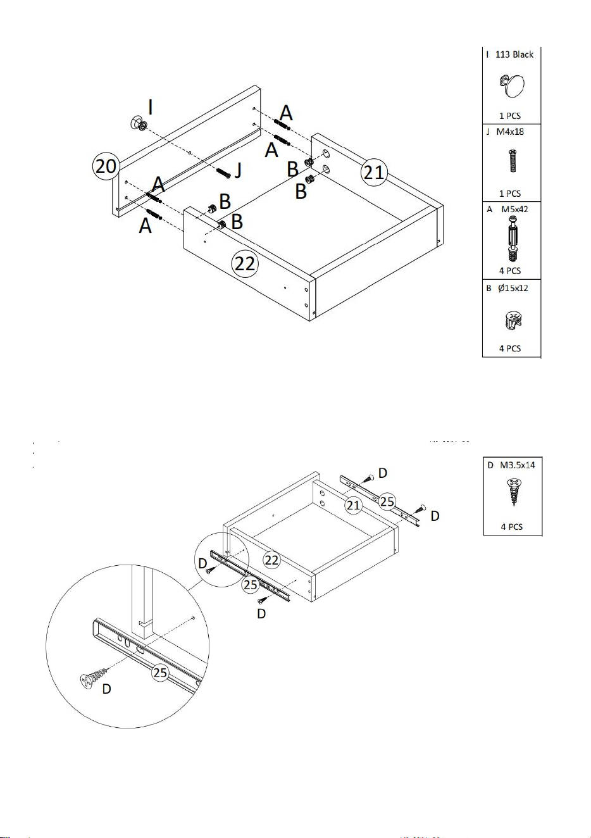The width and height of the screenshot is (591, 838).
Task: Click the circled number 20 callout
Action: (x=106, y=166)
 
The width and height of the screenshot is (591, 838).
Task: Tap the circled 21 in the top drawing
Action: (x=374, y=172)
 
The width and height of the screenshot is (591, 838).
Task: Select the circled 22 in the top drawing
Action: (x=246, y=264)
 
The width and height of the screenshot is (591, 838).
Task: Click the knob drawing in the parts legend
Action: (x=512, y=85)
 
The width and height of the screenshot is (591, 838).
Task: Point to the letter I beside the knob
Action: (x=151, y=108)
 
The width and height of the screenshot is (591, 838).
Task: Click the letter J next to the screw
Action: (x=238, y=170)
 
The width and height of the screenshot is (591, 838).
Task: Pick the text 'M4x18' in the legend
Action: (x=510, y=132)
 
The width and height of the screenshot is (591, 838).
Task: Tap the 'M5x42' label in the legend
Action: (x=514, y=209)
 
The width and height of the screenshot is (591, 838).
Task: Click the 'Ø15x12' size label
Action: (x=513, y=288)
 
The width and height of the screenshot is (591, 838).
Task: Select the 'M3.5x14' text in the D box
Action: (x=518, y=465)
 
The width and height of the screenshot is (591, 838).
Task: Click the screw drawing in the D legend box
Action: (x=514, y=492)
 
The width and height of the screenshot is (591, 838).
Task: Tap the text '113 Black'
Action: (x=514, y=54)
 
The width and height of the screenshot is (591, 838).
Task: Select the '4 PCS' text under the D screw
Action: (x=512, y=527)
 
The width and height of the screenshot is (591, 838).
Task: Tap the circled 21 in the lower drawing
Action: (x=353, y=505)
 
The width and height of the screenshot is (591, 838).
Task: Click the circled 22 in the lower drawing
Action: (x=272, y=560)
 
